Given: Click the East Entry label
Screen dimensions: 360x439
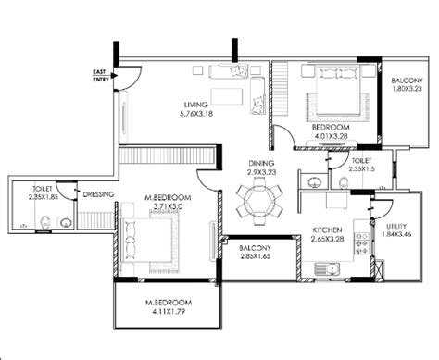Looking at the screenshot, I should tap(98, 75).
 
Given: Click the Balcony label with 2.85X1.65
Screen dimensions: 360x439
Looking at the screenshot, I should tap(257, 249).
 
